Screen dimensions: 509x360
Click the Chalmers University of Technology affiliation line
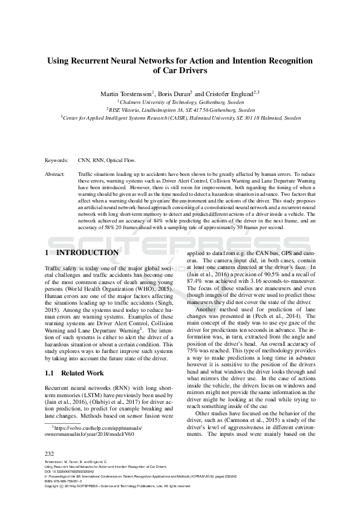coord(180,102)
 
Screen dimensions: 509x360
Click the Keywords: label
coord(57,161)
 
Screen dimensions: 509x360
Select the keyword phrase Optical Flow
coord(122,161)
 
